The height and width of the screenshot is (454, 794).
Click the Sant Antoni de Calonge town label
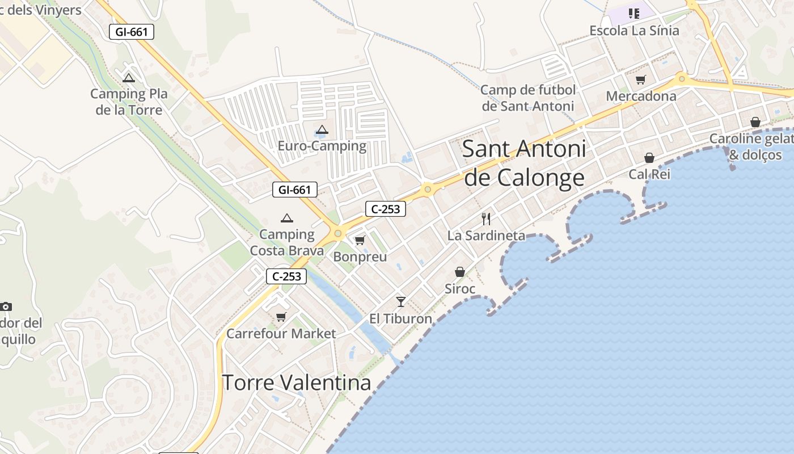click(525, 163)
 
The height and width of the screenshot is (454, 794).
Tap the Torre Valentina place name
click(296, 382)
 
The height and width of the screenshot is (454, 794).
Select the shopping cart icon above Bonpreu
click(360, 241)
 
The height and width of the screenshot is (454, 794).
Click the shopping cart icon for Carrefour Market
click(281, 317)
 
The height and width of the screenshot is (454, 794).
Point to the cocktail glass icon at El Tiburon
click(401, 301)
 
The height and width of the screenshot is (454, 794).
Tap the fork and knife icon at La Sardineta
click(486, 218)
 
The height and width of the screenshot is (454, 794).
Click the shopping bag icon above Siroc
click(460, 272)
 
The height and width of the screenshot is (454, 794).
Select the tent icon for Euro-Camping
click(322, 129)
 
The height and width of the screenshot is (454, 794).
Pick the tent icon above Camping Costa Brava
click(287, 218)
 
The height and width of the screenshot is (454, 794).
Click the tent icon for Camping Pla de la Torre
click(129, 78)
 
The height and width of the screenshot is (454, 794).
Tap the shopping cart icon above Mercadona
click(641, 79)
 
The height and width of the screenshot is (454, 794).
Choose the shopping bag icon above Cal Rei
click(649, 158)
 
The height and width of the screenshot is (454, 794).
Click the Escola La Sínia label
click(634, 30)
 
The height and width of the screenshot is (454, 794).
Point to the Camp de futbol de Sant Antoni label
click(528, 98)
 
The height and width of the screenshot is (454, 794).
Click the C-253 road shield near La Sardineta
click(386, 209)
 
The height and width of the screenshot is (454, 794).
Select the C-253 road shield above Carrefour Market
click(286, 276)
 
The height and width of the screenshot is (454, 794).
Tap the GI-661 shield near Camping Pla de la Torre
click(132, 32)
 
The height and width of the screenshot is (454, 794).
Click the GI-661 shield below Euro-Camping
click(295, 190)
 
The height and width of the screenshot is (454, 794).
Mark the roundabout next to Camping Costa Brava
click(339, 233)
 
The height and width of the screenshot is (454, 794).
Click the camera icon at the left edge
click(6, 306)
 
